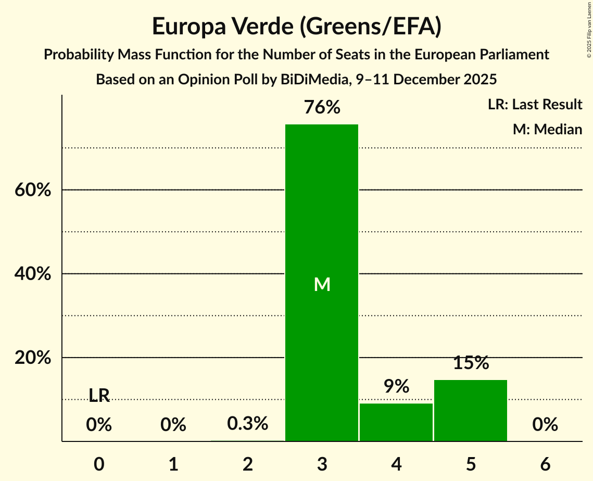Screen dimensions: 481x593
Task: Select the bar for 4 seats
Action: (x=396, y=422)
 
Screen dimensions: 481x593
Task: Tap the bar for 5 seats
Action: (x=471, y=411)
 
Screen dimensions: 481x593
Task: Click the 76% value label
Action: (x=322, y=108)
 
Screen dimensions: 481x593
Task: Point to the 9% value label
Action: (x=396, y=386)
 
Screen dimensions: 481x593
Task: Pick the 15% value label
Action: (x=471, y=363)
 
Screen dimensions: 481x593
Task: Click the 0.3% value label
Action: (x=248, y=424)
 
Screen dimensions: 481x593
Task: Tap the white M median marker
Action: (x=322, y=284)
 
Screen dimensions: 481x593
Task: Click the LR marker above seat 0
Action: (x=99, y=396)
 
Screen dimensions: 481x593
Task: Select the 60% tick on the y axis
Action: (x=33, y=190)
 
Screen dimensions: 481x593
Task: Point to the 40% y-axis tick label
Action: (x=33, y=274)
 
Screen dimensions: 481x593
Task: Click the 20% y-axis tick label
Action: (x=33, y=358)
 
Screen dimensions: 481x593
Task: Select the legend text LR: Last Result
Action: (x=535, y=105)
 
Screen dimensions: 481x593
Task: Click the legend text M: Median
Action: (x=547, y=129)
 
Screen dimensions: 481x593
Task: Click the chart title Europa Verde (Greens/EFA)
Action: (x=297, y=27)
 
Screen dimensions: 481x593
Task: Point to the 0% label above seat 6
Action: (x=545, y=425)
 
